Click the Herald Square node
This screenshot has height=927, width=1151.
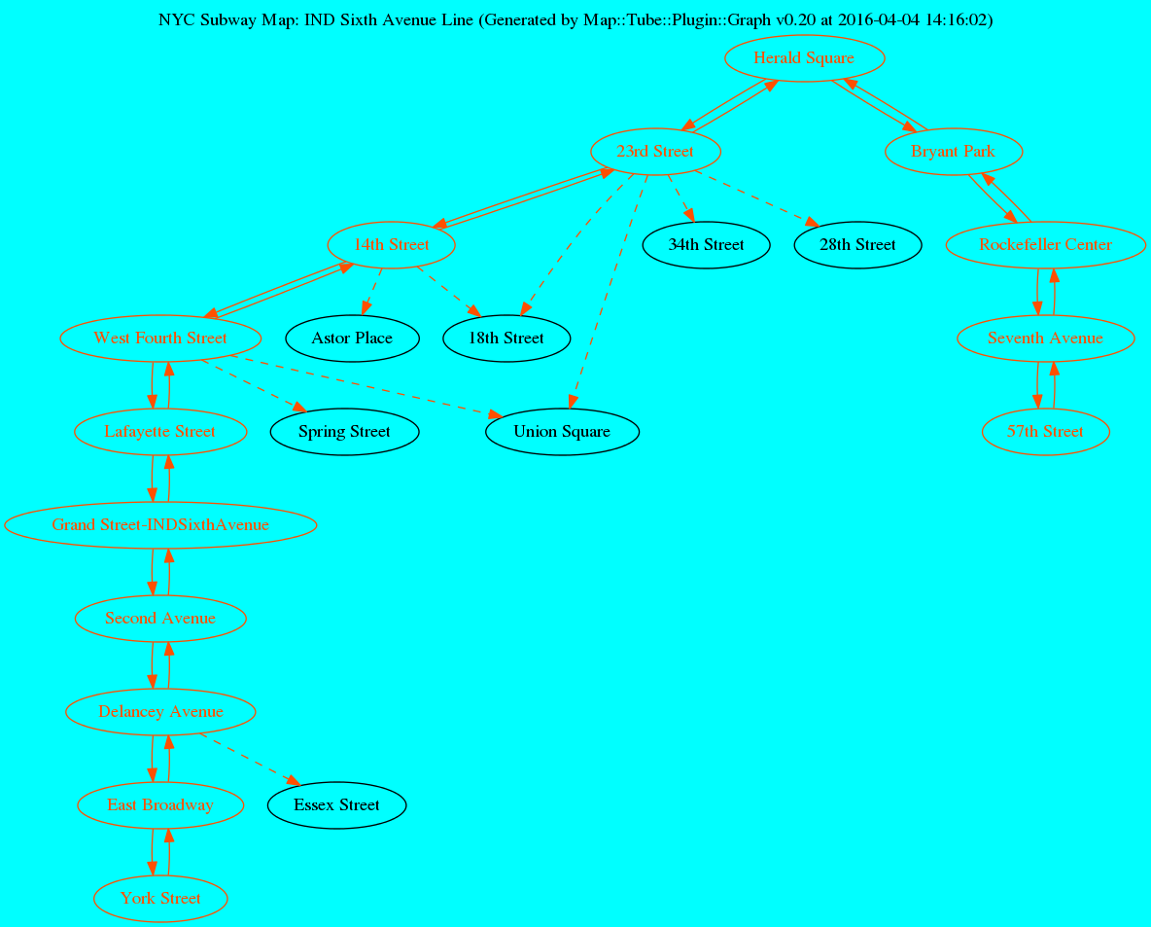click(x=804, y=58)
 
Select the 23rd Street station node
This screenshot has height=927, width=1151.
click(x=655, y=152)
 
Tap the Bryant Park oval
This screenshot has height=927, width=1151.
click(x=953, y=152)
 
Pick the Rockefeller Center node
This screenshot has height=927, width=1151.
click(x=1045, y=245)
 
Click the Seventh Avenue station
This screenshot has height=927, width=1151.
click(x=1045, y=339)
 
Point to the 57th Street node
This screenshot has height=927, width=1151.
click(x=1045, y=432)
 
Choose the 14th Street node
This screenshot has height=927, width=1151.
click(x=392, y=245)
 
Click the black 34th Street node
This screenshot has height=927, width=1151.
click(x=706, y=245)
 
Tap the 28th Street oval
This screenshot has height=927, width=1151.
click(x=857, y=245)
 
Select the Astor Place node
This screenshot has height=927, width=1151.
click(x=352, y=339)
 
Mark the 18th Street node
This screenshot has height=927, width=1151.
click(x=506, y=339)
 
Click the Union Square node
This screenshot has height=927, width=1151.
click(x=562, y=432)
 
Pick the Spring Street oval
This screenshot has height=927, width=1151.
click(x=344, y=432)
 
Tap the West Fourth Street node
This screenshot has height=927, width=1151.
click(x=160, y=339)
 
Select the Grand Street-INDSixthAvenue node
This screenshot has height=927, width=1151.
click(x=160, y=525)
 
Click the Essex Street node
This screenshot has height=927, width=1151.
click(x=336, y=805)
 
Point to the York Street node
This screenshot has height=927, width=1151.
click(x=160, y=899)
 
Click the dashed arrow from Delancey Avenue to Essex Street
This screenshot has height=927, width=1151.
click(x=248, y=759)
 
